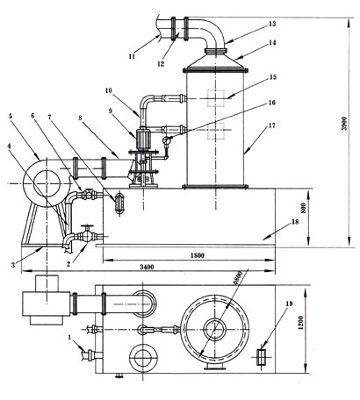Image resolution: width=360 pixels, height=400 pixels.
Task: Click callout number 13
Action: (272, 24)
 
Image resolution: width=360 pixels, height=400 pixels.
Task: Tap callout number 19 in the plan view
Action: (289, 304)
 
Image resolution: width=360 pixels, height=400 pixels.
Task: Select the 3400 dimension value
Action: (147, 268)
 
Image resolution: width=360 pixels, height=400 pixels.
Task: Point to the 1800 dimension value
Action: (198, 255)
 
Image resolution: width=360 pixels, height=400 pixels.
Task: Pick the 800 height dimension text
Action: (304, 208)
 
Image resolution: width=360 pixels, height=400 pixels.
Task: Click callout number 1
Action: (69, 337)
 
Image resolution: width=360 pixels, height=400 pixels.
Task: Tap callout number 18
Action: (295, 222)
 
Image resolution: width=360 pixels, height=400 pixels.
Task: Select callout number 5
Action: (11, 116)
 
